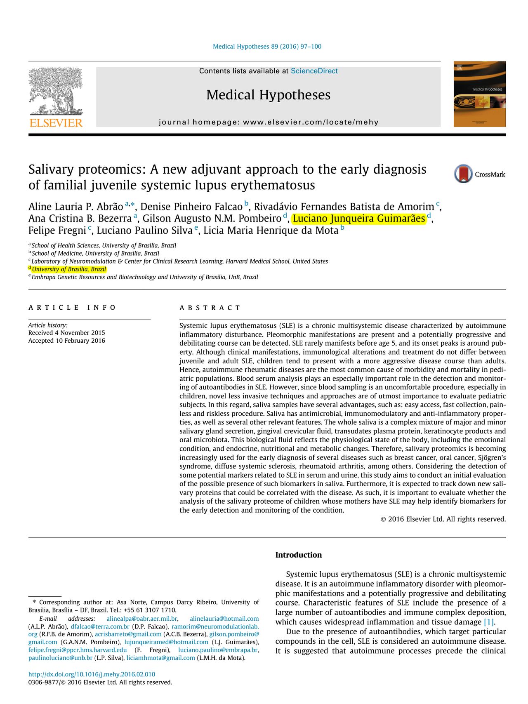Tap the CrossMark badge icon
[464, 174]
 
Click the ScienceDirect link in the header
[314, 71]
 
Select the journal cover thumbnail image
[479, 94]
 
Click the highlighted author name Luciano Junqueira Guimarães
[358, 219]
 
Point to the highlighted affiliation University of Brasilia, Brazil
[69, 269]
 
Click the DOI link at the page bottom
[92, 674]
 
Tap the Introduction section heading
[298, 555]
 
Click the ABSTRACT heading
[210, 308]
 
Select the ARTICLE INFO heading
[72, 308]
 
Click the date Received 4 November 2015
[66, 333]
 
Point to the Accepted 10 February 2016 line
[66, 341]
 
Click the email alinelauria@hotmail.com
[224, 619]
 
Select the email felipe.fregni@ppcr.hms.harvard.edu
[78, 650]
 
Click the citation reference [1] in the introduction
[488, 622]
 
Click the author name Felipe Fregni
[57, 231]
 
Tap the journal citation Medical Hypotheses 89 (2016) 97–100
[267, 47]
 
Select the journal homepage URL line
[269, 122]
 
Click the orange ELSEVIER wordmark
[56, 123]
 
